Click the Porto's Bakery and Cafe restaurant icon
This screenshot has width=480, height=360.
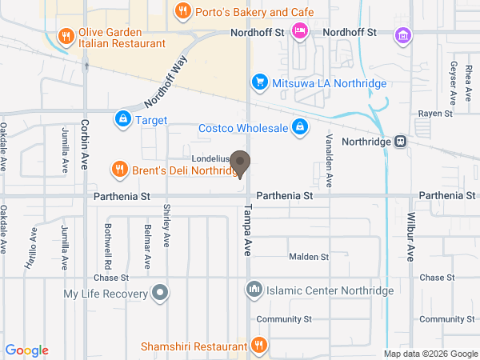coord(182,11)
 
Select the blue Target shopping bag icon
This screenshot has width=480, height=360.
coord(122,120)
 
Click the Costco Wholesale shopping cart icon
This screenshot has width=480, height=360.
coord(299,127)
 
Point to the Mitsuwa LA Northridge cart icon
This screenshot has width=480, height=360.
coord(258,82)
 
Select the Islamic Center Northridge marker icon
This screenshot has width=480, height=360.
coord(254,289)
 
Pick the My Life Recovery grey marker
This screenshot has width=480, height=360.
coord(160,293)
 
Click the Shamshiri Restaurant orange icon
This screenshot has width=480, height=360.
coord(258,346)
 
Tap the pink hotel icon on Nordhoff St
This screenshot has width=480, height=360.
coord(299,32)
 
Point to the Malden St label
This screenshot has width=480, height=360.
coord(308,257)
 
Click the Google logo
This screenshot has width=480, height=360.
coord(27,350)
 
